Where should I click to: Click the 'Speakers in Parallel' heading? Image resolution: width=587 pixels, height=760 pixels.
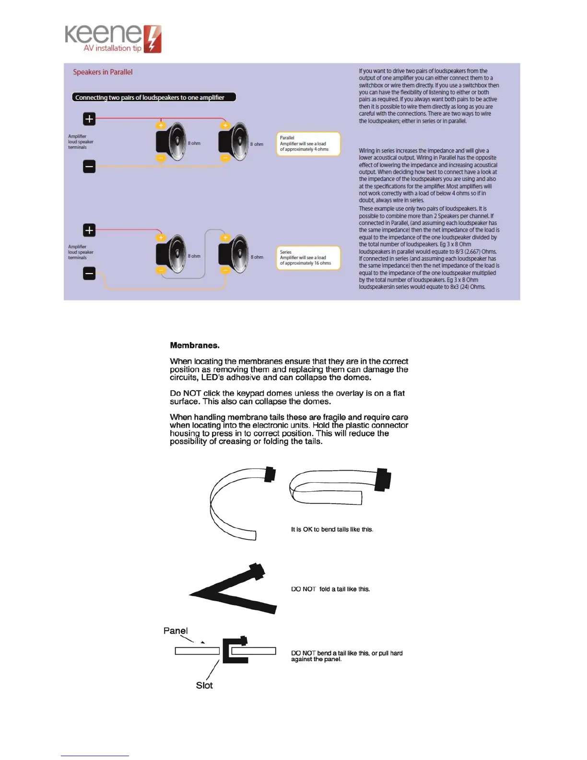(x=103, y=72)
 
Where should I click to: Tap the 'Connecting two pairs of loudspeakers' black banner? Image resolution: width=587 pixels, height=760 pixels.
(x=154, y=97)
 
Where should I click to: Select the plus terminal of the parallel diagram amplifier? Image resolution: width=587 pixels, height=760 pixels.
(x=89, y=119)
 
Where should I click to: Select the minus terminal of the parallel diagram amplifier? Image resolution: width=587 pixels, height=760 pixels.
(x=89, y=166)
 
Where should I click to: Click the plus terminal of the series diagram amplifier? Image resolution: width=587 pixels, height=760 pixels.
(x=89, y=230)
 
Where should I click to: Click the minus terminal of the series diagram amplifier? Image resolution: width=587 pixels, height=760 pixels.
(x=89, y=273)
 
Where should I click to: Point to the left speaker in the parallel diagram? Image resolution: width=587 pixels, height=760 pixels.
(x=171, y=142)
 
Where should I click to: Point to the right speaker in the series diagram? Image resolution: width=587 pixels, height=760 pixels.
(x=234, y=254)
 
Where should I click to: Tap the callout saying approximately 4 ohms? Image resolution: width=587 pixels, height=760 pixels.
(x=308, y=143)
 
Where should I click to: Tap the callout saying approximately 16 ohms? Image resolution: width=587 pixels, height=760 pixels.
(x=308, y=258)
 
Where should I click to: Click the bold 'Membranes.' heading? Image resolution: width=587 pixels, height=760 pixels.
(x=195, y=345)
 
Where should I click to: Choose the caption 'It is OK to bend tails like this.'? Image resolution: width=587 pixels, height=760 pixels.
(x=332, y=530)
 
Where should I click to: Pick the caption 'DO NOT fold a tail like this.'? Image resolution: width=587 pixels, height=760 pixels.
(x=330, y=589)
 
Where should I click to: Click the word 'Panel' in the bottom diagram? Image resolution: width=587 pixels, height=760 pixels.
(x=176, y=631)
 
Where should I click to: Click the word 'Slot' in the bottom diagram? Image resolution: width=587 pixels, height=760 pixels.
(x=204, y=686)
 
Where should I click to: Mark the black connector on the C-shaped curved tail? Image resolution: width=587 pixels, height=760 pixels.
(x=270, y=474)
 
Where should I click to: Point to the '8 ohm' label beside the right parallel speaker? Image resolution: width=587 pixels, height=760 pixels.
(x=257, y=144)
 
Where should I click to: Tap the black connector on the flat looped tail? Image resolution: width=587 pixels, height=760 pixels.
(x=383, y=479)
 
